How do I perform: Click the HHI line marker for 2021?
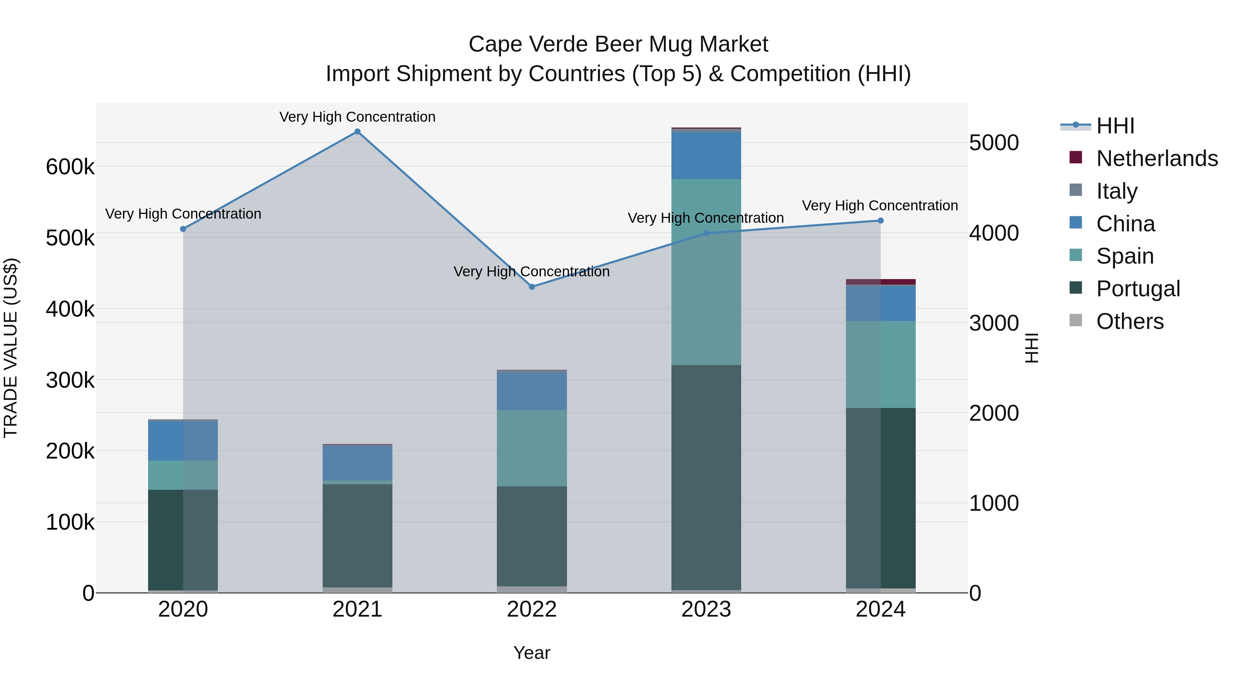point(357,132)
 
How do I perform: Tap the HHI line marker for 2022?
point(532,287)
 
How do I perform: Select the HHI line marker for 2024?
point(881,220)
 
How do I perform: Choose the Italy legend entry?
point(1116,191)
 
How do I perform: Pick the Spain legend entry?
point(1125,256)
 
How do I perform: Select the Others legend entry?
point(1129,321)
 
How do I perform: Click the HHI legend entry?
point(1115,126)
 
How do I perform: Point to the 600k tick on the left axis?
point(70,167)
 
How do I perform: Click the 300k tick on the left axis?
point(70,380)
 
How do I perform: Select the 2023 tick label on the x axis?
point(706,609)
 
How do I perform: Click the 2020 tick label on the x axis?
point(183,609)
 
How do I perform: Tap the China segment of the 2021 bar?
point(357,463)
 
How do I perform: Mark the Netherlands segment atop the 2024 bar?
point(881,282)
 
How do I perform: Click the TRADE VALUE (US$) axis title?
point(11,348)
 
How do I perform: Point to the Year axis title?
point(532,653)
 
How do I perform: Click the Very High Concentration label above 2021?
point(357,117)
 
